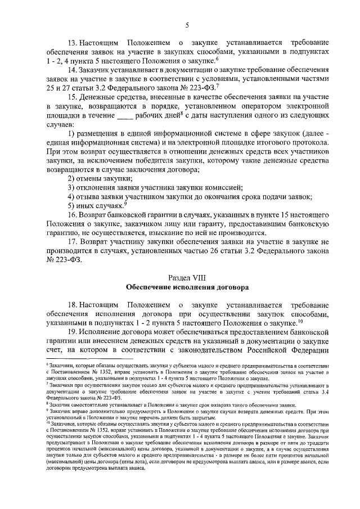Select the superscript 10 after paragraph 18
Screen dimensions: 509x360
[300, 322]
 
